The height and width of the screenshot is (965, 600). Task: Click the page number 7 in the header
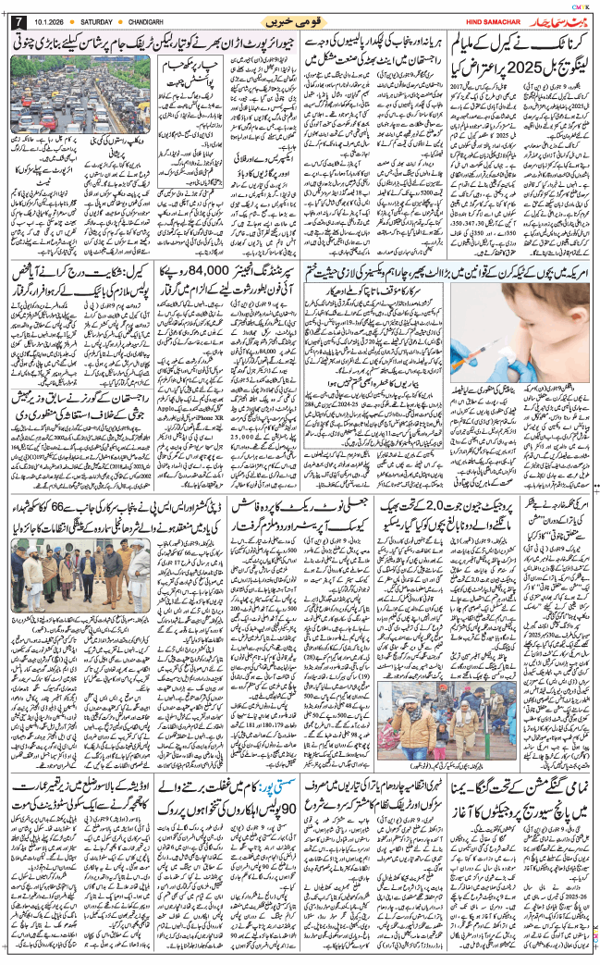coord(18,21)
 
